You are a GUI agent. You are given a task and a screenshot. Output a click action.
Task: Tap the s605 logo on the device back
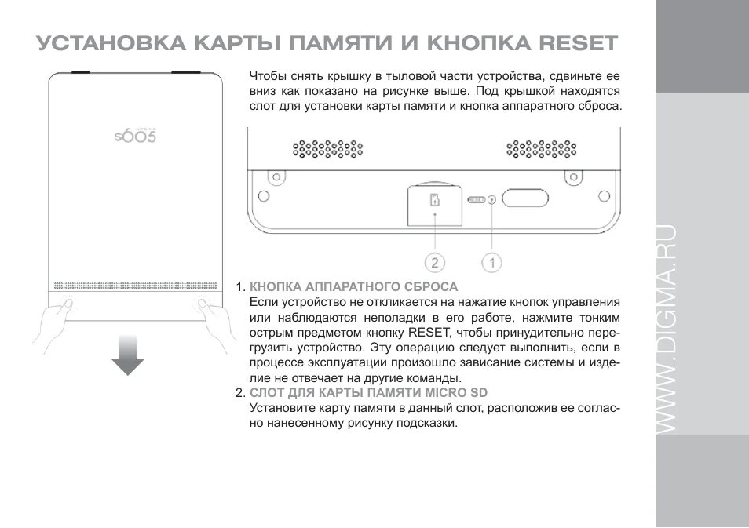(x=136, y=135)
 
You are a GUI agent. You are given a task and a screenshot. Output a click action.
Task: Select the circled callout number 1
(x=491, y=262)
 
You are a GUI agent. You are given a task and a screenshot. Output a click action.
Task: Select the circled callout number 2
(x=434, y=262)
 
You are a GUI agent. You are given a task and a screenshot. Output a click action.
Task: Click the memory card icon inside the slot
(x=433, y=200)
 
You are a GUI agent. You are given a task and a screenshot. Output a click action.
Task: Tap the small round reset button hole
(x=491, y=199)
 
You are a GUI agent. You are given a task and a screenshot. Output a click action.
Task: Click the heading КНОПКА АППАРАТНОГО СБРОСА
(x=353, y=286)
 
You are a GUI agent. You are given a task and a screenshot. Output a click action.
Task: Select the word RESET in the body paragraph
(x=426, y=332)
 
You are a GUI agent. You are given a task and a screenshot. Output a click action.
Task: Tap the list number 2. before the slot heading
(x=241, y=392)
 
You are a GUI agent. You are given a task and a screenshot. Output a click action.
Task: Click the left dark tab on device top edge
(x=82, y=71)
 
